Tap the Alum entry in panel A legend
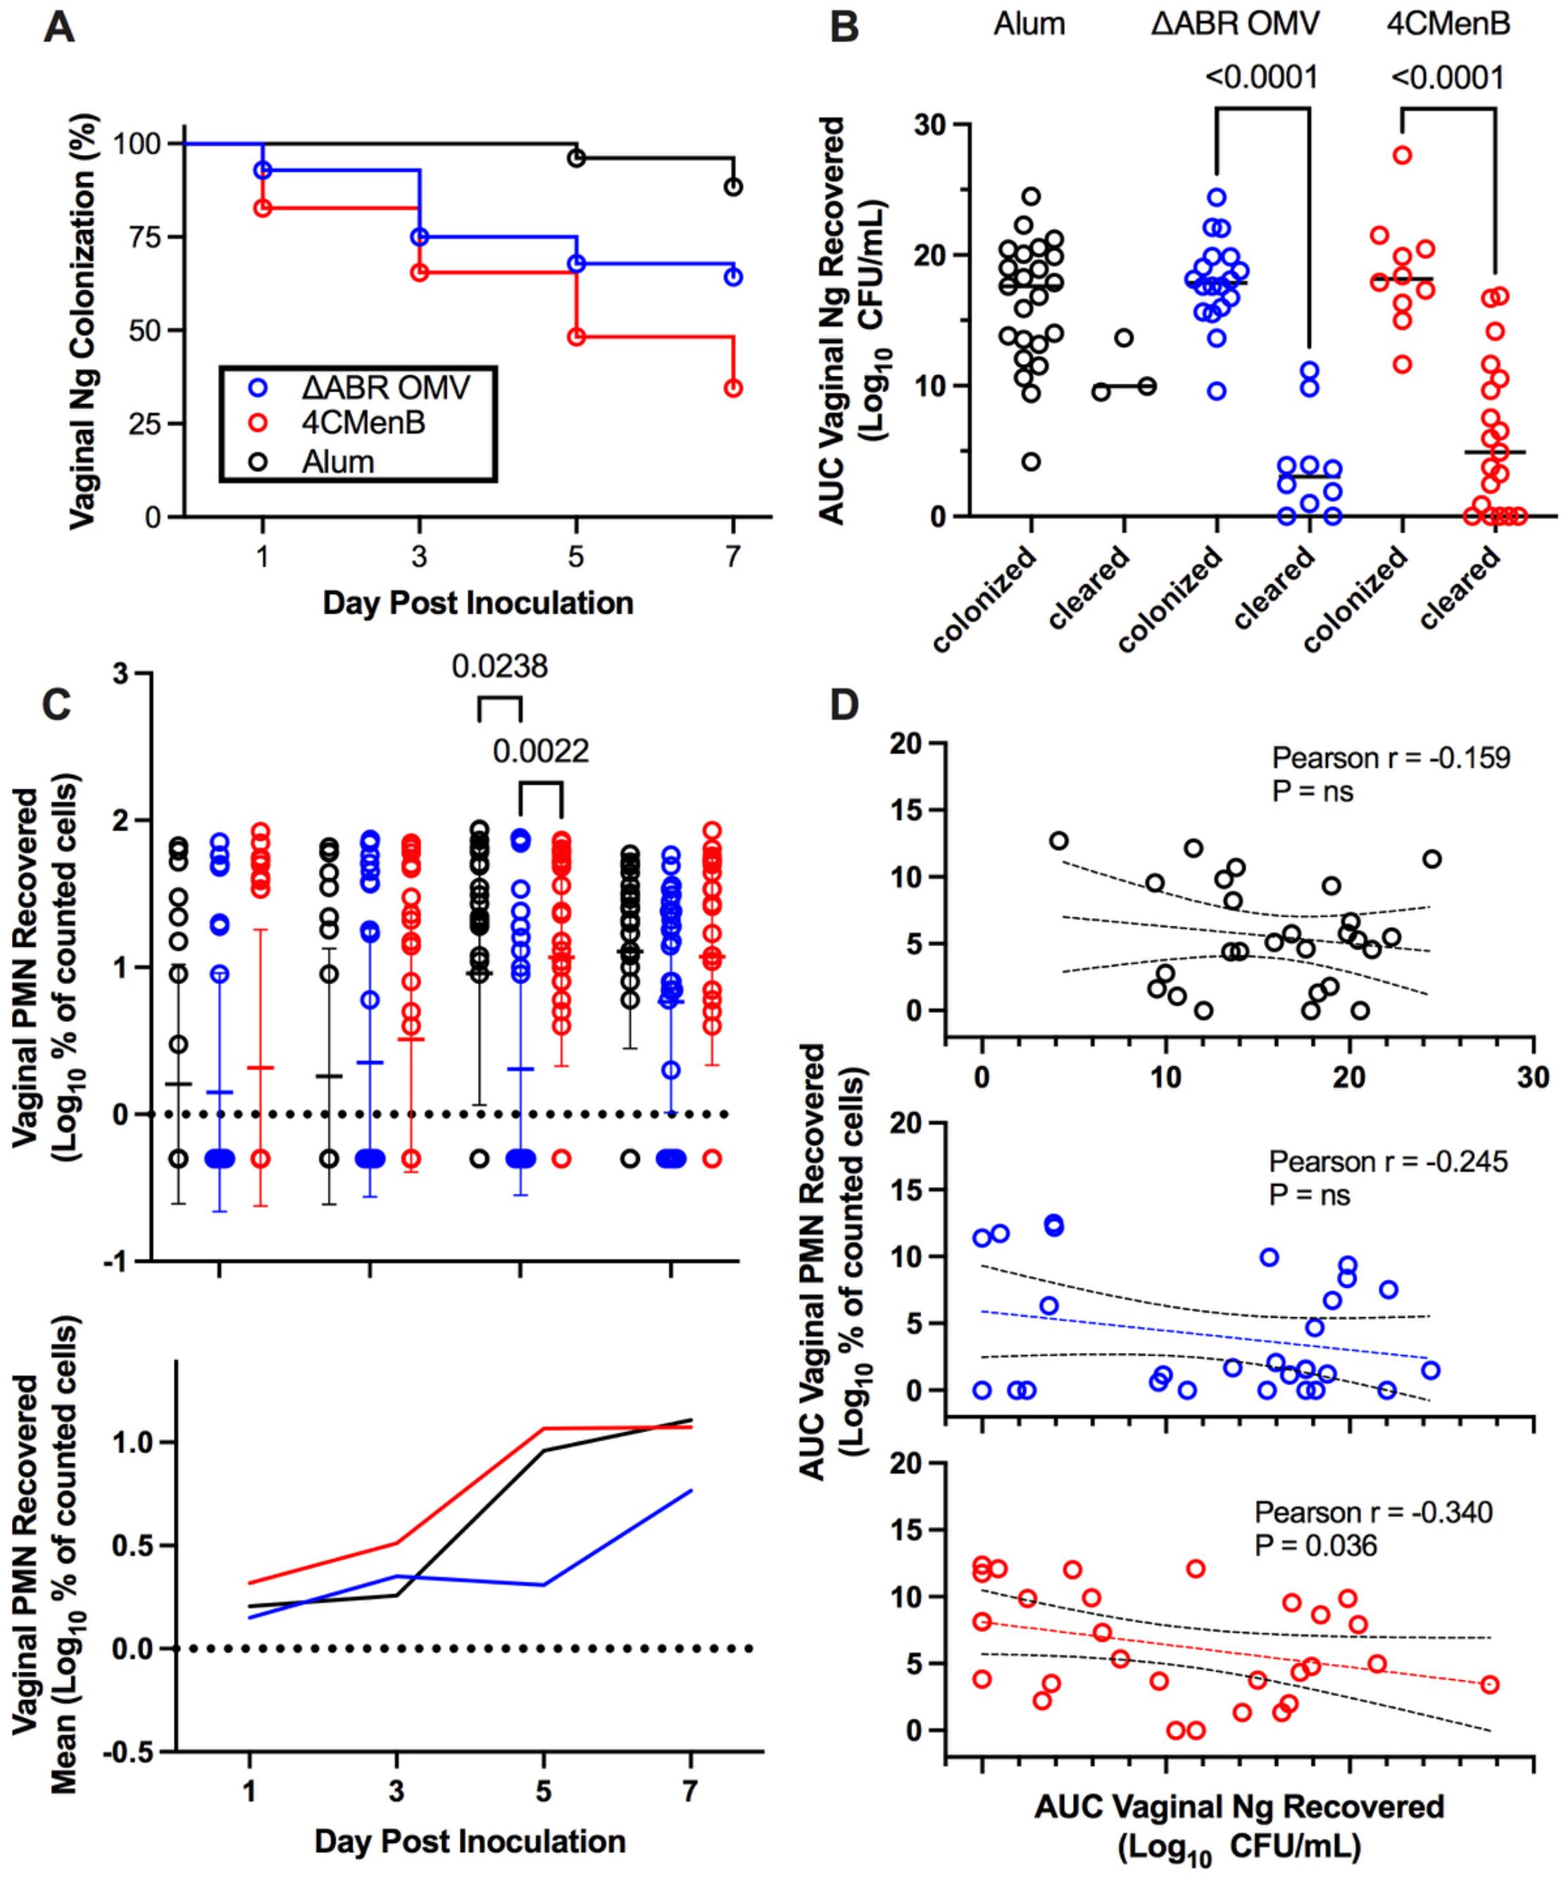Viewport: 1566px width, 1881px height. [x=338, y=463]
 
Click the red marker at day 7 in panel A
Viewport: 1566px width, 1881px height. [x=734, y=388]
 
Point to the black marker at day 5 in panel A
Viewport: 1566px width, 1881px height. [x=577, y=158]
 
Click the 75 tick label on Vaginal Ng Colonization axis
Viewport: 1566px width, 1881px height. [x=141, y=237]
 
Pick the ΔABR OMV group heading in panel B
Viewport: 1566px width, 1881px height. [x=1234, y=24]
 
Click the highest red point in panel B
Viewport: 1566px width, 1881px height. [x=1402, y=155]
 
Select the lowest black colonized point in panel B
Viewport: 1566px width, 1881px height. [x=1031, y=461]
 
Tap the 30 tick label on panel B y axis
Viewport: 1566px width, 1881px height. [x=932, y=124]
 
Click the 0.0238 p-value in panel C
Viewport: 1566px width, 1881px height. [x=499, y=667]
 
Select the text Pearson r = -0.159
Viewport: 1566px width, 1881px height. [x=1391, y=757]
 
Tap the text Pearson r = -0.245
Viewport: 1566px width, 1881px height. [x=1388, y=1162]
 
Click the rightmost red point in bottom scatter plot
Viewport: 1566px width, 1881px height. [x=1490, y=1684]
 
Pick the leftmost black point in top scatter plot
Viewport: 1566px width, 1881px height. [x=1059, y=840]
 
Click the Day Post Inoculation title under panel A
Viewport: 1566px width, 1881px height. [x=477, y=603]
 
